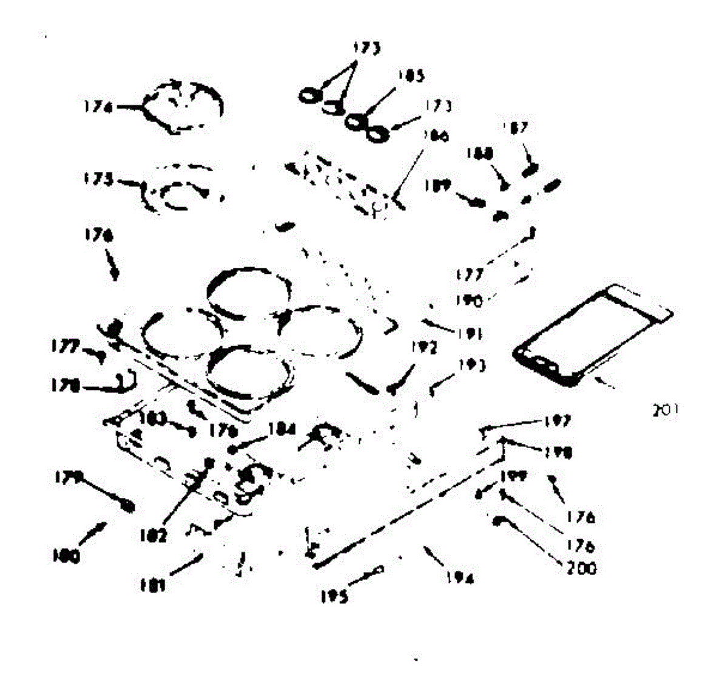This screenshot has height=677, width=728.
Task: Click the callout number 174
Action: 98,107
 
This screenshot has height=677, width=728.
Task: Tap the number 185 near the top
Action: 411,77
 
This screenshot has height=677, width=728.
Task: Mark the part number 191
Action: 470,333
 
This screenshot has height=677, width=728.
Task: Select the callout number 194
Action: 459,579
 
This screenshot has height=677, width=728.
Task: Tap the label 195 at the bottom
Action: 335,597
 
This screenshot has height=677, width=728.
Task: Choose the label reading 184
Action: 281,429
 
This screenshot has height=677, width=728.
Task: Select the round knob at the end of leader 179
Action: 129,506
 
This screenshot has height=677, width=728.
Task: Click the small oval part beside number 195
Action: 380,569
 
